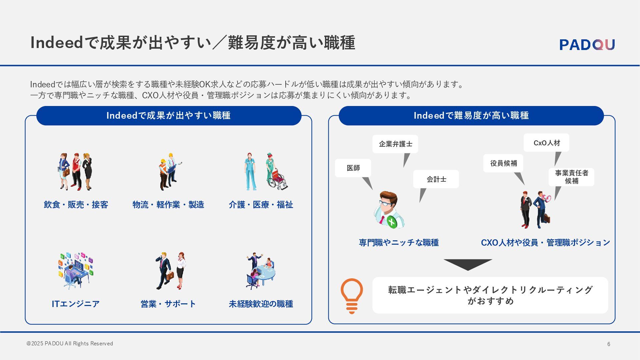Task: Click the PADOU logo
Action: [x=587, y=44]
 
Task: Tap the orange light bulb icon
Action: [x=352, y=295]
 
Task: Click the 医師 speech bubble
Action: [x=353, y=168]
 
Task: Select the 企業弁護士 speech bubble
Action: [x=395, y=144]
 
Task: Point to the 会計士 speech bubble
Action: [x=436, y=179]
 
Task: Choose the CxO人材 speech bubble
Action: [x=546, y=143]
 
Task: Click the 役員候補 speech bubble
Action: [x=503, y=163]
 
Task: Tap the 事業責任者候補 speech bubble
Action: [x=571, y=177]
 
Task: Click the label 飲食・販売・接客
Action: [x=76, y=205]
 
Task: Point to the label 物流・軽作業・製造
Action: [x=168, y=205]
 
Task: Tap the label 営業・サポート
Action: [x=168, y=304]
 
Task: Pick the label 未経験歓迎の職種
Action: [x=261, y=304]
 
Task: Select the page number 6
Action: [x=609, y=344]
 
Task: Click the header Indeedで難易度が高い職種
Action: [x=471, y=116]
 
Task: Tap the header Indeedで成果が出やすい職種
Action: [x=169, y=116]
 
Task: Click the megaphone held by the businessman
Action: [x=547, y=198]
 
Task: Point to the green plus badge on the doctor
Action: [x=392, y=222]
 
